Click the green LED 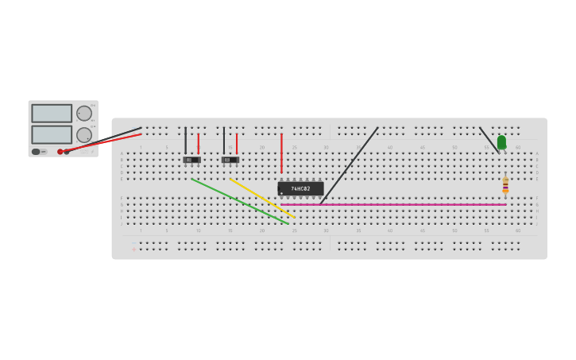[501, 142]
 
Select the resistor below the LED [505, 185]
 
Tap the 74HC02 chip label [300, 188]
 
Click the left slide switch [191, 160]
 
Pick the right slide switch [230, 160]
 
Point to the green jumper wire [238, 200]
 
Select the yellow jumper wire [262, 198]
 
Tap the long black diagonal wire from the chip [350, 165]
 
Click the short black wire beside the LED [488, 138]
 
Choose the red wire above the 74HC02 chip [281, 153]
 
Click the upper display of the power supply [52, 114]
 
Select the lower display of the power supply [52, 134]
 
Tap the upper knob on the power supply [84, 113]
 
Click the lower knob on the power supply [84, 134]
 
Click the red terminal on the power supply [60, 151]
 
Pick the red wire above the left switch [199, 143]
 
